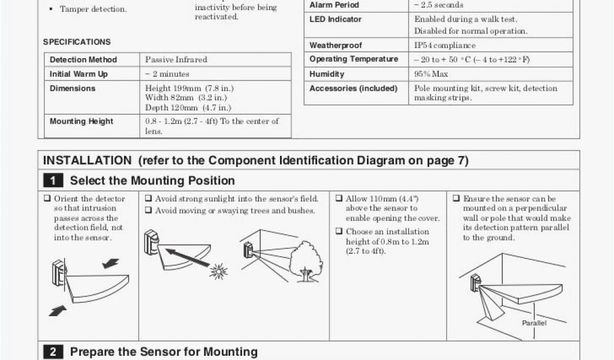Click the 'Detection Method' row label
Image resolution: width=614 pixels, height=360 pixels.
pyautogui.click(x=83, y=60)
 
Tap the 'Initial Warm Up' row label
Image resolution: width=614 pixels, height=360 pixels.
pyautogui.click(x=79, y=74)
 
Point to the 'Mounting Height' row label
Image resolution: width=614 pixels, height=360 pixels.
pyautogui.click(x=81, y=121)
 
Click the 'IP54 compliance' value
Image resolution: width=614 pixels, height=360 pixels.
pyautogui.click(x=444, y=46)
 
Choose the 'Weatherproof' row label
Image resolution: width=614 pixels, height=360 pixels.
pyautogui.click(x=336, y=46)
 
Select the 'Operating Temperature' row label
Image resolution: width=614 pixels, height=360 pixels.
pyautogui.click(x=354, y=59)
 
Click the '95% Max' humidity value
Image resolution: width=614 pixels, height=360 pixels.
pyautogui.click(x=431, y=74)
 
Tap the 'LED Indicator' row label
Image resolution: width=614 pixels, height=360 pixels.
pyautogui.click(x=336, y=19)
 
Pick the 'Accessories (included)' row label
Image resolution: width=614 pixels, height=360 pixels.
pyautogui.click(x=353, y=89)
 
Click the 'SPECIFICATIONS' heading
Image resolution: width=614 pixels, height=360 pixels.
pyautogui.click(x=77, y=42)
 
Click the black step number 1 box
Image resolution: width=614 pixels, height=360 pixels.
pyautogui.click(x=53, y=181)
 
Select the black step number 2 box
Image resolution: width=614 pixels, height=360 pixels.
pyautogui.click(x=53, y=352)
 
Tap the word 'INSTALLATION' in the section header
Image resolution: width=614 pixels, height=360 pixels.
pyautogui.click(x=87, y=161)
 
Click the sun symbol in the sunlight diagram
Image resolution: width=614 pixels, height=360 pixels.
pyautogui.click(x=218, y=272)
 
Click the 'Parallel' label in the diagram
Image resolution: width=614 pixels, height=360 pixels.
pyautogui.click(x=534, y=323)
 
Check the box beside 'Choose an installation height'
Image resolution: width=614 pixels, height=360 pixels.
pyautogui.click(x=339, y=232)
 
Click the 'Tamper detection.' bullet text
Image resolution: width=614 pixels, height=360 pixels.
pyautogui.click(x=93, y=10)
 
